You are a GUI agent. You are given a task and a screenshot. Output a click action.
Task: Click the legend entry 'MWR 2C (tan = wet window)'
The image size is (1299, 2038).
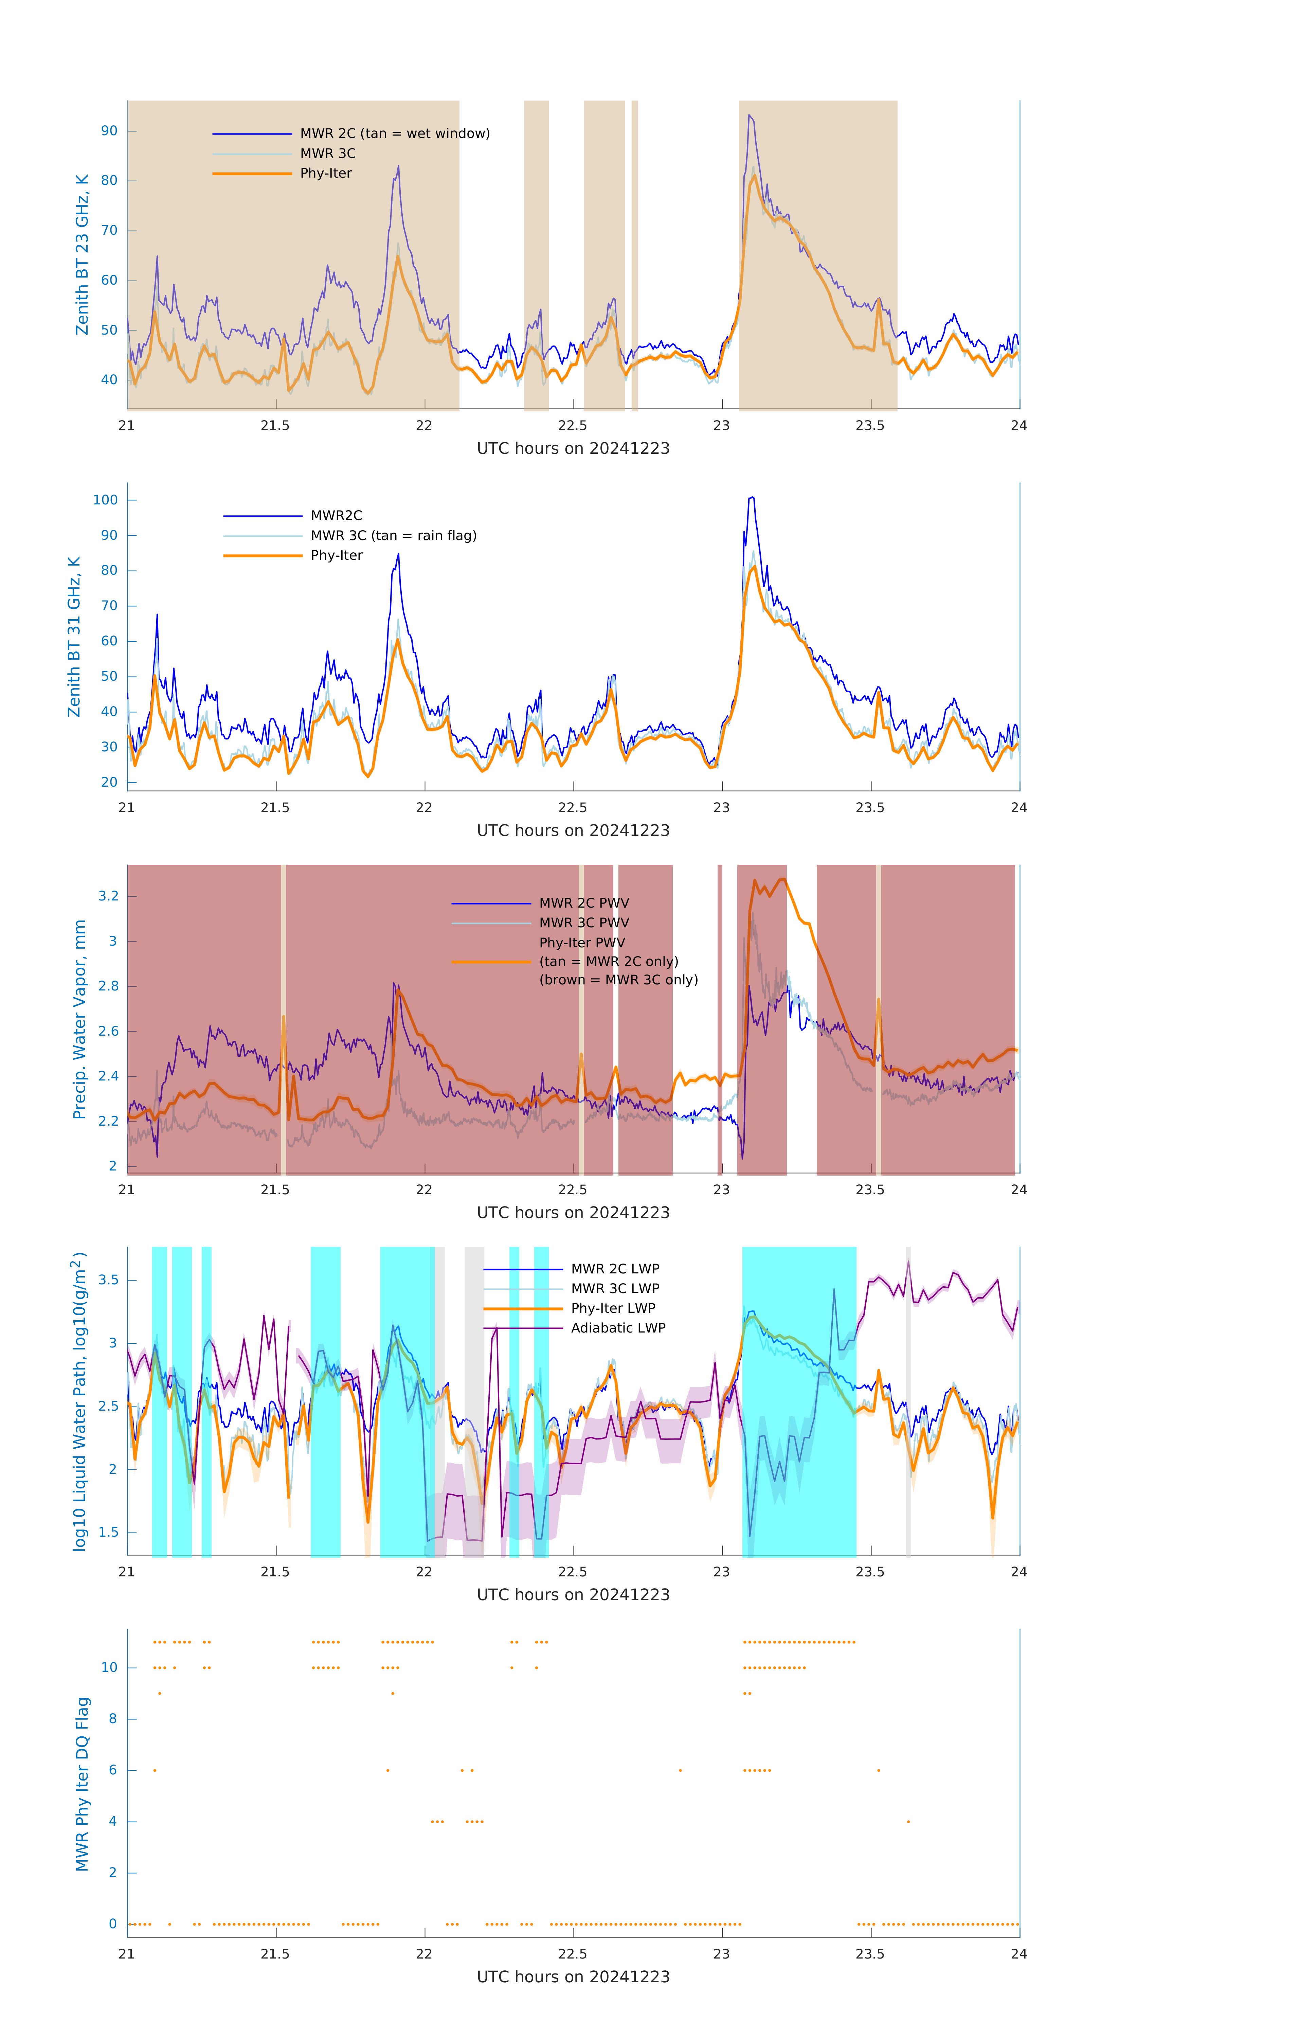point(394,134)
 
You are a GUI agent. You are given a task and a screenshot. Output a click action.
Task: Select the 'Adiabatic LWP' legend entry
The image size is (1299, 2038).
point(618,1328)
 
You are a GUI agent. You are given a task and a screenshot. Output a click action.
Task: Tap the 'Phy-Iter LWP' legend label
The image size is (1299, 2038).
point(613,1308)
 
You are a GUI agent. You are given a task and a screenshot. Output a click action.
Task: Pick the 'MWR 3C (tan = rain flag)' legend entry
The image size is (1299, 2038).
point(394,536)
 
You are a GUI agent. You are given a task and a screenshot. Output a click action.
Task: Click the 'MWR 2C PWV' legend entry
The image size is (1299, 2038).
point(584,903)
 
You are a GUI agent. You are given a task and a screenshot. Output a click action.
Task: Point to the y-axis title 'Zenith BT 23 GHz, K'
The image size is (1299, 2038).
point(82,255)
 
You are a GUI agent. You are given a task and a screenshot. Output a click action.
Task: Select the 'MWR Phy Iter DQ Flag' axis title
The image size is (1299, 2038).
point(82,1784)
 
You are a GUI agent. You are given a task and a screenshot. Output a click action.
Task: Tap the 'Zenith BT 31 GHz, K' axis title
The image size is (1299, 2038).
point(74,637)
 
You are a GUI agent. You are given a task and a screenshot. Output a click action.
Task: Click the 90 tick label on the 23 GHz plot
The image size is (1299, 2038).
point(109,131)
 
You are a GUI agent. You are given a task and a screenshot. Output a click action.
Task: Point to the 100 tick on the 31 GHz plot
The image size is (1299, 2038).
point(106,500)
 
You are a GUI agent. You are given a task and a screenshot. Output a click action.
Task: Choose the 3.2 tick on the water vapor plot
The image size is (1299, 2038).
point(108,896)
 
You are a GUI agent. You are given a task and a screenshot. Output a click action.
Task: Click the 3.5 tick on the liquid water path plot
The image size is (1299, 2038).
point(108,1280)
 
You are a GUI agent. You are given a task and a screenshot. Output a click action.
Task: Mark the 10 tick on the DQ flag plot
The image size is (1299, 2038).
point(109,1667)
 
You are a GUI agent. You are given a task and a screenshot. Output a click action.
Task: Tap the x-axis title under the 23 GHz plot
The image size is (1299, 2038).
point(573,449)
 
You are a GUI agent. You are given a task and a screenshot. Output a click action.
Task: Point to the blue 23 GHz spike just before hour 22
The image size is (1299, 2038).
point(398,167)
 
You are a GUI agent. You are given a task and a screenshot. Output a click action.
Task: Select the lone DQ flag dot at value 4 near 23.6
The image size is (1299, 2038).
point(908,1821)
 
